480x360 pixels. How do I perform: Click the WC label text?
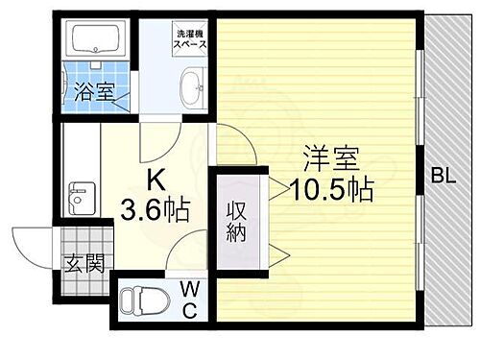pyautogui.click(x=189, y=298)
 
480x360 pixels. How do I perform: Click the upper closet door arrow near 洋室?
pyautogui.click(x=274, y=187)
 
